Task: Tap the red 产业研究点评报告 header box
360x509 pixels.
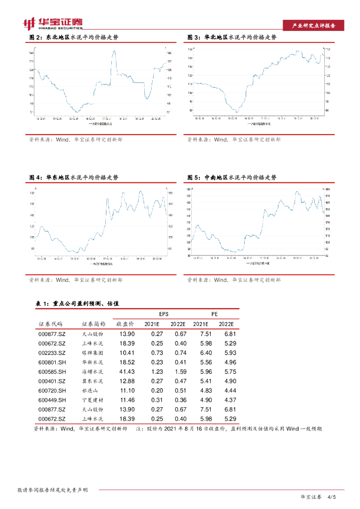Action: point(313,26)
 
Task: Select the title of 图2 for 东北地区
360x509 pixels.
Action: point(74,37)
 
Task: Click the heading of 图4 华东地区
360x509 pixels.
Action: point(74,177)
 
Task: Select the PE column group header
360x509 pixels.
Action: point(215,314)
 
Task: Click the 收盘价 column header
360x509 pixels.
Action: point(126,324)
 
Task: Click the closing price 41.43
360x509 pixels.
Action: point(127,372)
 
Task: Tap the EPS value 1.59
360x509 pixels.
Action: point(179,372)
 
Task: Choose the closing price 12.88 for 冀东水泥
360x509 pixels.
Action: point(127,381)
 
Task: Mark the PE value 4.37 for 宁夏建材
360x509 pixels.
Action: point(230,400)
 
